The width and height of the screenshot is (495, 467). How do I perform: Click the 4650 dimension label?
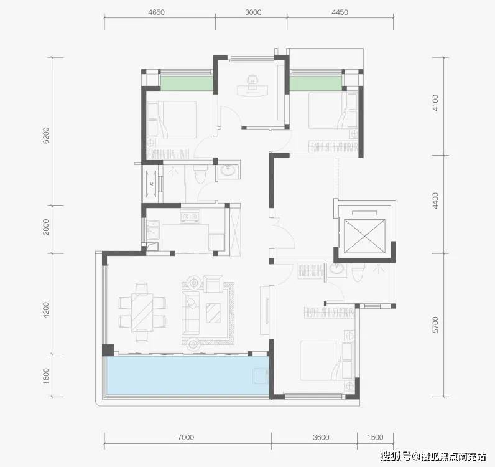pyautogui.click(x=156, y=12)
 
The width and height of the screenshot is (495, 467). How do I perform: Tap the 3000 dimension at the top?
pyautogui.click(x=253, y=12)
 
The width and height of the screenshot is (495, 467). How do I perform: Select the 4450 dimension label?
pyautogui.click(x=340, y=12)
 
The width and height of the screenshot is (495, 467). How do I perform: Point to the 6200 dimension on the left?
pyautogui.click(x=46, y=135)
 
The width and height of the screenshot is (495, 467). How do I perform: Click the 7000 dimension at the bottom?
pyautogui.click(x=185, y=437)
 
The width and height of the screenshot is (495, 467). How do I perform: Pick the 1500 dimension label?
pyautogui.click(x=375, y=437)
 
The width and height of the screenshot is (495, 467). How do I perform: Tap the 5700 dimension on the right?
pyautogui.click(x=435, y=324)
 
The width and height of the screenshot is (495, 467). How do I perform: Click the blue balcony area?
pyautogui.click(x=188, y=375)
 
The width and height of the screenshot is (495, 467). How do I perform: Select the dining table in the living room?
pyautogui.click(x=142, y=313)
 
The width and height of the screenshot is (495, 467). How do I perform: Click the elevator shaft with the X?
pyautogui.click(x=364, y=236)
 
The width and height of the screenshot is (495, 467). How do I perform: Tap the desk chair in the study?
pyautogui.click(x=252, y=79)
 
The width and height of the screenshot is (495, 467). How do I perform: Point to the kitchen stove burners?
pyautogui.click(x=190, y=217)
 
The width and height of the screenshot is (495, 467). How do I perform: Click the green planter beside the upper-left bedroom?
pyautogui.click(x=187, y=83)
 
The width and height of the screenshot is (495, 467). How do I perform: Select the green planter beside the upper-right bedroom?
pyautogui.click(x=316, y=83)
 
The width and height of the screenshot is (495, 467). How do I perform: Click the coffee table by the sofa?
pyautogui.click(x=213, y=313)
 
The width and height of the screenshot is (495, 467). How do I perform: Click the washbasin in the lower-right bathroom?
pyautogui.click(x=336, y=269)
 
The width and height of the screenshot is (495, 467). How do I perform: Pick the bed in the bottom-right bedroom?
pyautogui.click(x=326, y=361)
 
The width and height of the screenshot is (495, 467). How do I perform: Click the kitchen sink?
pyautogui.click(x=153, y=230)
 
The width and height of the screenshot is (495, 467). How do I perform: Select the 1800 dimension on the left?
pyautogui.click(x=46, y=375)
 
